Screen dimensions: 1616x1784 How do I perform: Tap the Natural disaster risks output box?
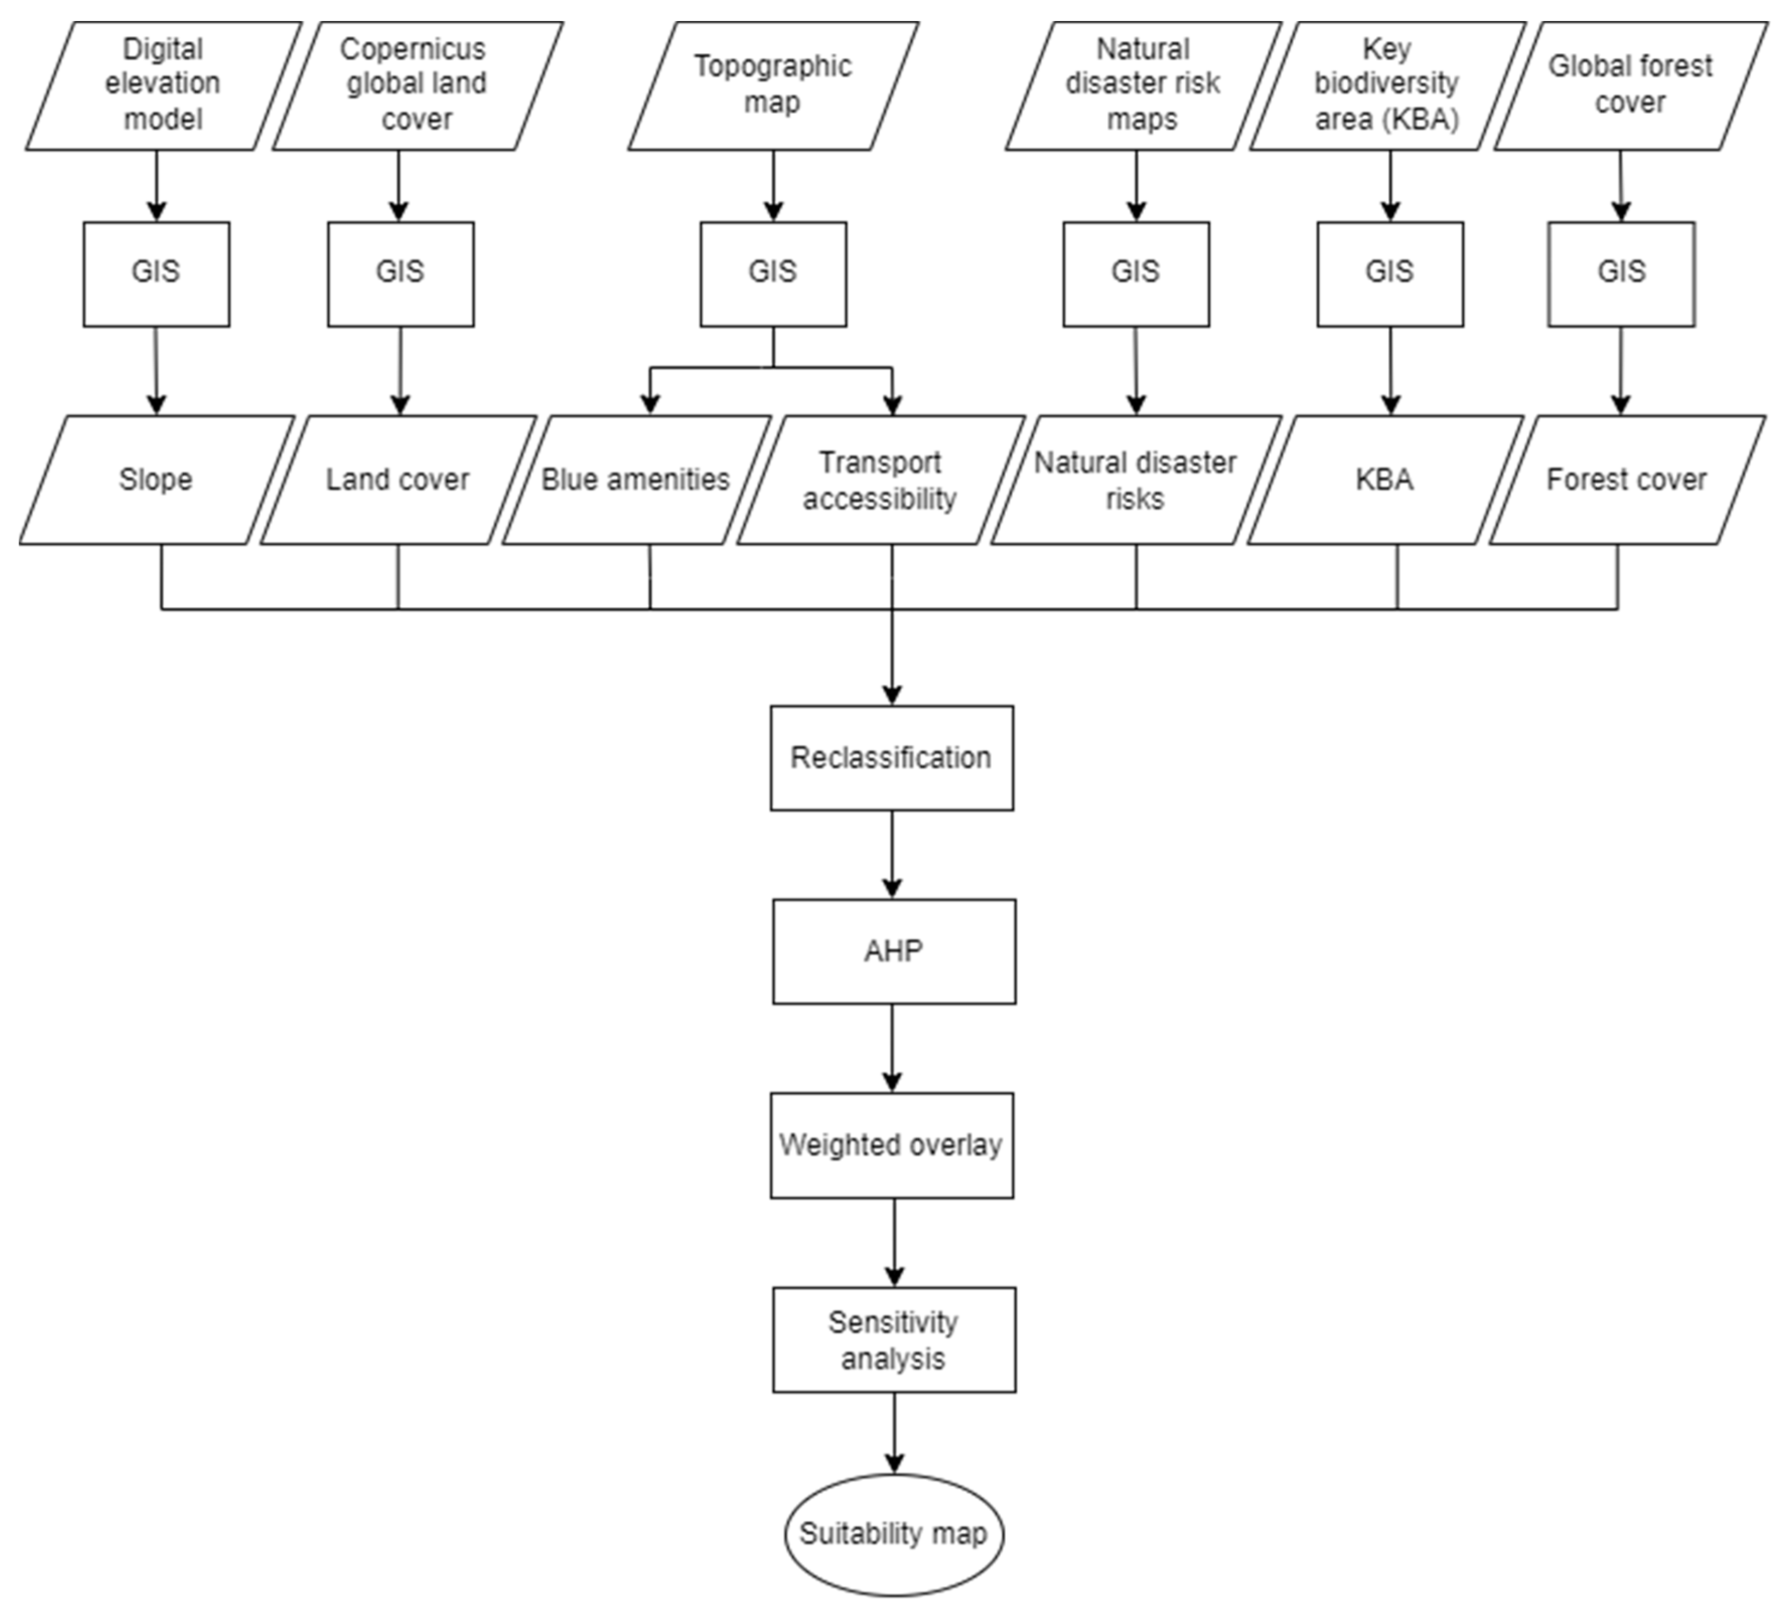tap(1135, 479)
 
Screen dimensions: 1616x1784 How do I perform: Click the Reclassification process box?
tap(891, 758)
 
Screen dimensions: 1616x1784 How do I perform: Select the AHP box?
tap(894, 952)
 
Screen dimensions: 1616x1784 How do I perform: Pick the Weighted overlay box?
tap(891, 1146)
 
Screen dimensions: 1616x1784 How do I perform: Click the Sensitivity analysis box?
tap(894, 1340)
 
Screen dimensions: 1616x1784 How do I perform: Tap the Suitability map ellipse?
tap(894, 1533)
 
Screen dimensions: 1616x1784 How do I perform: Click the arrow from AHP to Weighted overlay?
tap(892, 1048)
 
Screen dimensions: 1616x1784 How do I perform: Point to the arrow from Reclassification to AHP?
tap(892, 854)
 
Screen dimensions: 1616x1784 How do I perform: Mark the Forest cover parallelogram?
tap(1626, 479)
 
